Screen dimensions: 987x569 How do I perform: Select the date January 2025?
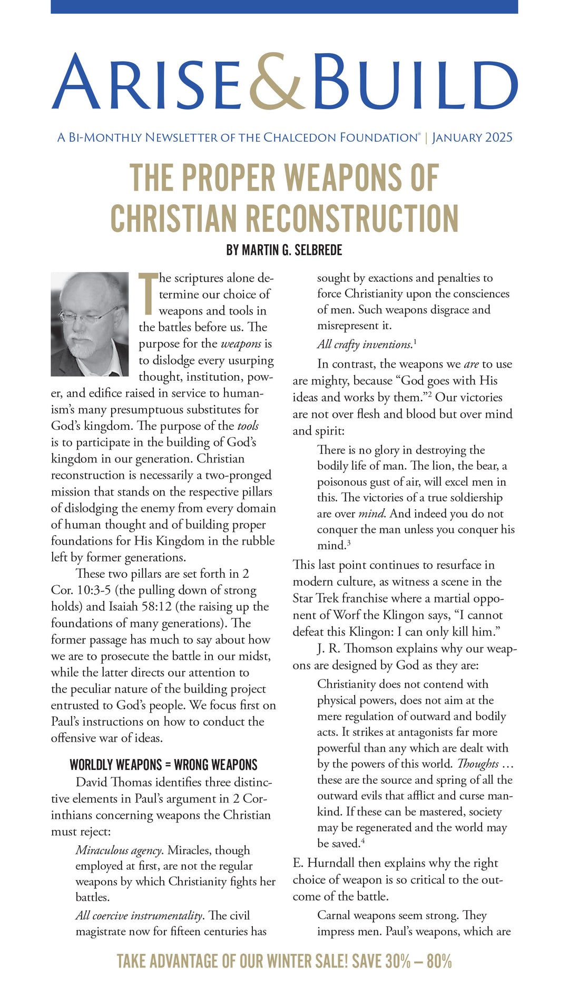(472, 138)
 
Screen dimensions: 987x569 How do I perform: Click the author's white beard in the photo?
(84, 348)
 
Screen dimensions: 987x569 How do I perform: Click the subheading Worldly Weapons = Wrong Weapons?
(163, 765)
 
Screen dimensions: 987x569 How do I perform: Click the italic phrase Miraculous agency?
(119, 850)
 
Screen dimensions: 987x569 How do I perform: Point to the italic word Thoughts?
(478, 764)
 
